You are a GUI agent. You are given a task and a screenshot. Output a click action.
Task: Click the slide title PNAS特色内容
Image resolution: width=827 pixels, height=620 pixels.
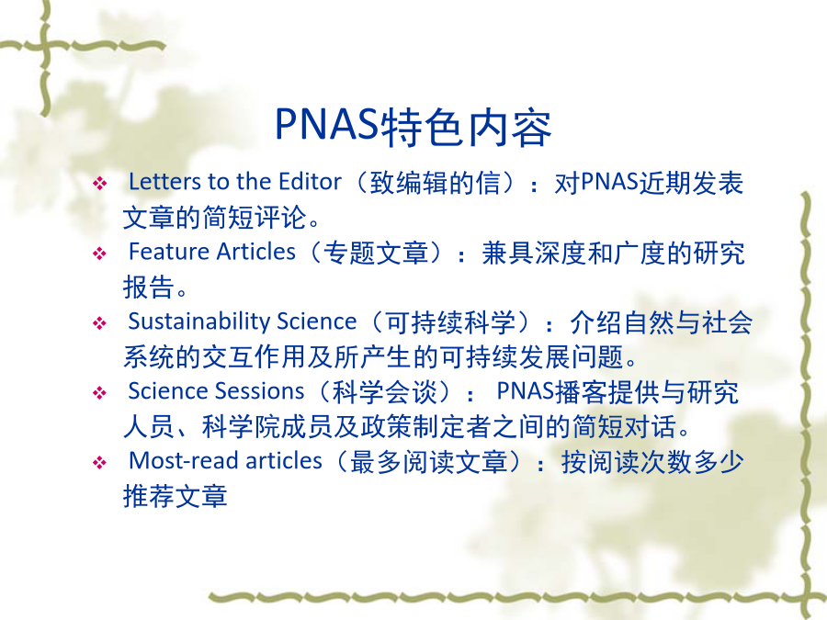coord(413,127)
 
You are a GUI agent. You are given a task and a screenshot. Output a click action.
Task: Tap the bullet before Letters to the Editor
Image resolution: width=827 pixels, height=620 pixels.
coord(99,184)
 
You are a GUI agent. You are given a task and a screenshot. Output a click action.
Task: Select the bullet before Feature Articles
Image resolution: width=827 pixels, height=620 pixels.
coord(99,254)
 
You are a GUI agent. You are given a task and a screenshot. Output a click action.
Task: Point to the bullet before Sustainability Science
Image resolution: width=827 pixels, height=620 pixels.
coord(99,323)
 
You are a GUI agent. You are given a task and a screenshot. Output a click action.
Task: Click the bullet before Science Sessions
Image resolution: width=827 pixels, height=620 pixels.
coord(99,393)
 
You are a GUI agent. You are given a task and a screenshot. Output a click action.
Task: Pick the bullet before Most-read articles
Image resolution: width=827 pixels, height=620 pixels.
coord(99,463)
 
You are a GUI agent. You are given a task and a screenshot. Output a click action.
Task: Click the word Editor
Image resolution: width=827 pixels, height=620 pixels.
coord(311,182)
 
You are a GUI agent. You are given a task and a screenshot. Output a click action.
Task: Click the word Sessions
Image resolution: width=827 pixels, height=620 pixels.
coord(260,391)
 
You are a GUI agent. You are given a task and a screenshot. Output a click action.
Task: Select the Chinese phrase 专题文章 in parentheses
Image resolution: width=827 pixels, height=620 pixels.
coord(376,252)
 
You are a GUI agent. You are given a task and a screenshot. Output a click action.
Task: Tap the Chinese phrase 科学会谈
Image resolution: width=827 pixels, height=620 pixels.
coord(385,391)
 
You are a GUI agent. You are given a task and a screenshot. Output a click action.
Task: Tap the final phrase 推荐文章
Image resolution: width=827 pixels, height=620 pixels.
coord(176,496)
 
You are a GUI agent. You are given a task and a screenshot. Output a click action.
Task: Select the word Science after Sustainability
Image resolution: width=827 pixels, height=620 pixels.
coord(316,321)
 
